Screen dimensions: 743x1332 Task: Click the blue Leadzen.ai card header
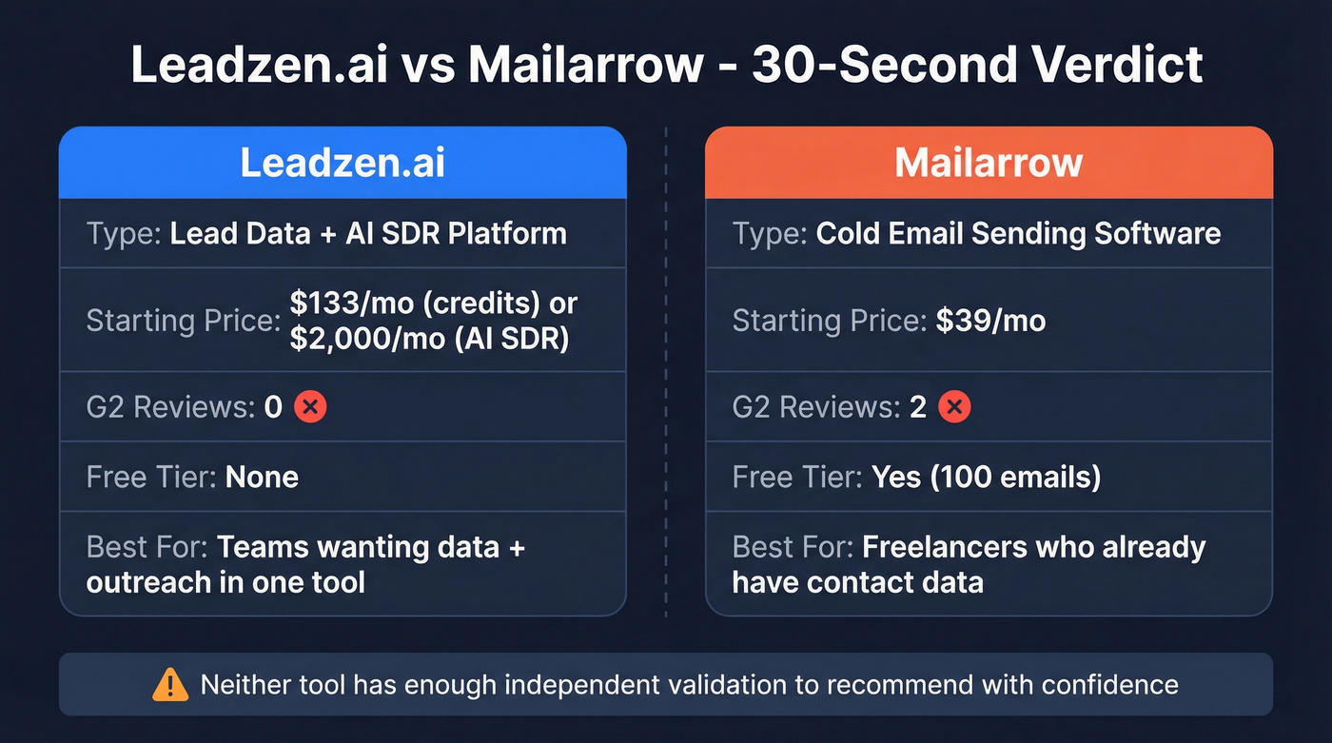click(x=343, y=163)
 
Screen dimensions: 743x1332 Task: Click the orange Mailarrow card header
click(x=989, y=163)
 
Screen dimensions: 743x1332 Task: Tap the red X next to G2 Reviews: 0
click(x=310, y=407)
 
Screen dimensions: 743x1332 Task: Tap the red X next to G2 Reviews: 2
click(x=954, y=407)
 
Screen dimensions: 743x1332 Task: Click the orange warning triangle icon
click(x=170, y=684)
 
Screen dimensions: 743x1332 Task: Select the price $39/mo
click(x=990, y=321)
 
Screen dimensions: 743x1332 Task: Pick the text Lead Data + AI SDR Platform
click(x=368, y=233)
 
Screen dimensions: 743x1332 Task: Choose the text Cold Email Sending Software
click(x=1018, y=233)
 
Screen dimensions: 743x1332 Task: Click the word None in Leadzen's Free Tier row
click(x=262, y=476)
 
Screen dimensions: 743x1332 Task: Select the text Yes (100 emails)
click(x=987, y=476)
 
